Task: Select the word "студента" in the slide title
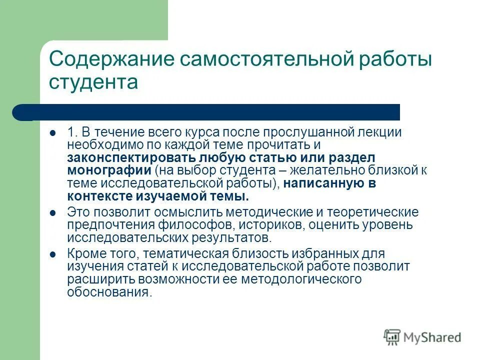click(x=93, y=82)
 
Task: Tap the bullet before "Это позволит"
click(x=52, y=213)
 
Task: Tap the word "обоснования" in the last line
click(x=108, y=291)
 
